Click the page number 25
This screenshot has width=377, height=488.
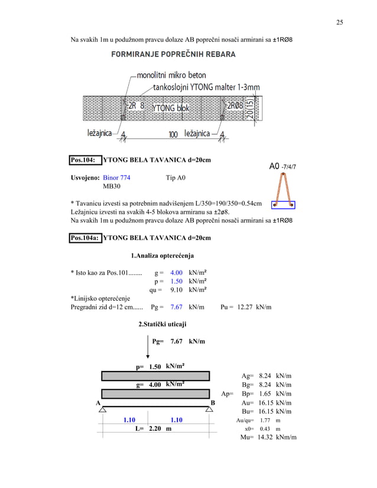coord(340,22)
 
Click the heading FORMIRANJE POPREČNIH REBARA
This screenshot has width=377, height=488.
coord(173,54)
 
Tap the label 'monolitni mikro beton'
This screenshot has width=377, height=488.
coord(171,76)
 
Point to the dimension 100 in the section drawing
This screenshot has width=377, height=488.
coord(173,135)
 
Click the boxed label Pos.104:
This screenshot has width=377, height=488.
coord(83,160)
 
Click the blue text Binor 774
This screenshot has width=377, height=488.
coord(116,177)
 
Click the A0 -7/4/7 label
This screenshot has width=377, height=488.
coord(282,167)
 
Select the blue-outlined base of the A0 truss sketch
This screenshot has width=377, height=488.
coord(283,205)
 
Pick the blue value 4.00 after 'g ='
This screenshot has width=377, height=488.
coord(176,273)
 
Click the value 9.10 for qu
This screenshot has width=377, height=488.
coord(176,290)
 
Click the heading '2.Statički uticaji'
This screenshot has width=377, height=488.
coord(162,324)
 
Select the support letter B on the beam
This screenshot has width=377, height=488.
coord(213,402)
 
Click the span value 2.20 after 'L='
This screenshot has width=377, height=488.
coord(155,428)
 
